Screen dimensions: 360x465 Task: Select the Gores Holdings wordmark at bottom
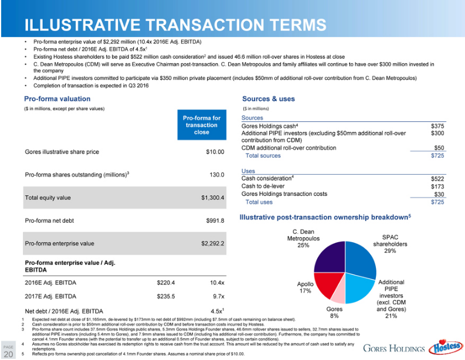(393, 348)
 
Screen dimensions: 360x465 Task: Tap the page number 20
(8, 354)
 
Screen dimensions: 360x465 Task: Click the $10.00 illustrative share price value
(215, 152)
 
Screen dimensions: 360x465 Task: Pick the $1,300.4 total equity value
(212, 198)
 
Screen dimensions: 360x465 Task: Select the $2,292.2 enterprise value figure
(212, 243)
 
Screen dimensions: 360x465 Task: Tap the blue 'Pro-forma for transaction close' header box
(201, 125)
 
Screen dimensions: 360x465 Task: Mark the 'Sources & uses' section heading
(268, 99)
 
